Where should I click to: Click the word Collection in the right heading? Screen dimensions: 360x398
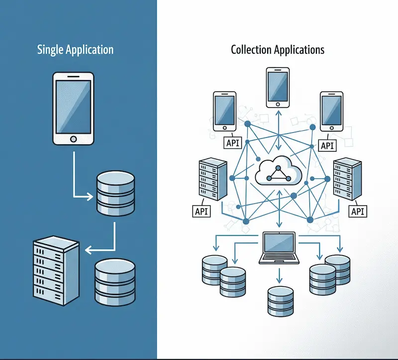(x=252, y=50)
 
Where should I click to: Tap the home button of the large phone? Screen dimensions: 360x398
(x=73, y=138)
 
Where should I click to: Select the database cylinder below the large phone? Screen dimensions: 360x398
(x=115, y=193)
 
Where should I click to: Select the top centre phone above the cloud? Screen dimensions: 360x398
(x=278, y=88)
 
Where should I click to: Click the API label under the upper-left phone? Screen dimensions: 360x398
(x=232, y=144)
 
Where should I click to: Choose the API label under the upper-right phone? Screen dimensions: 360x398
(x=327, y=145)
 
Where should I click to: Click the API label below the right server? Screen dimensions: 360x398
(x=358, y=211)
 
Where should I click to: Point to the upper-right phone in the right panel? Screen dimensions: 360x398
(x=331, y=111)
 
